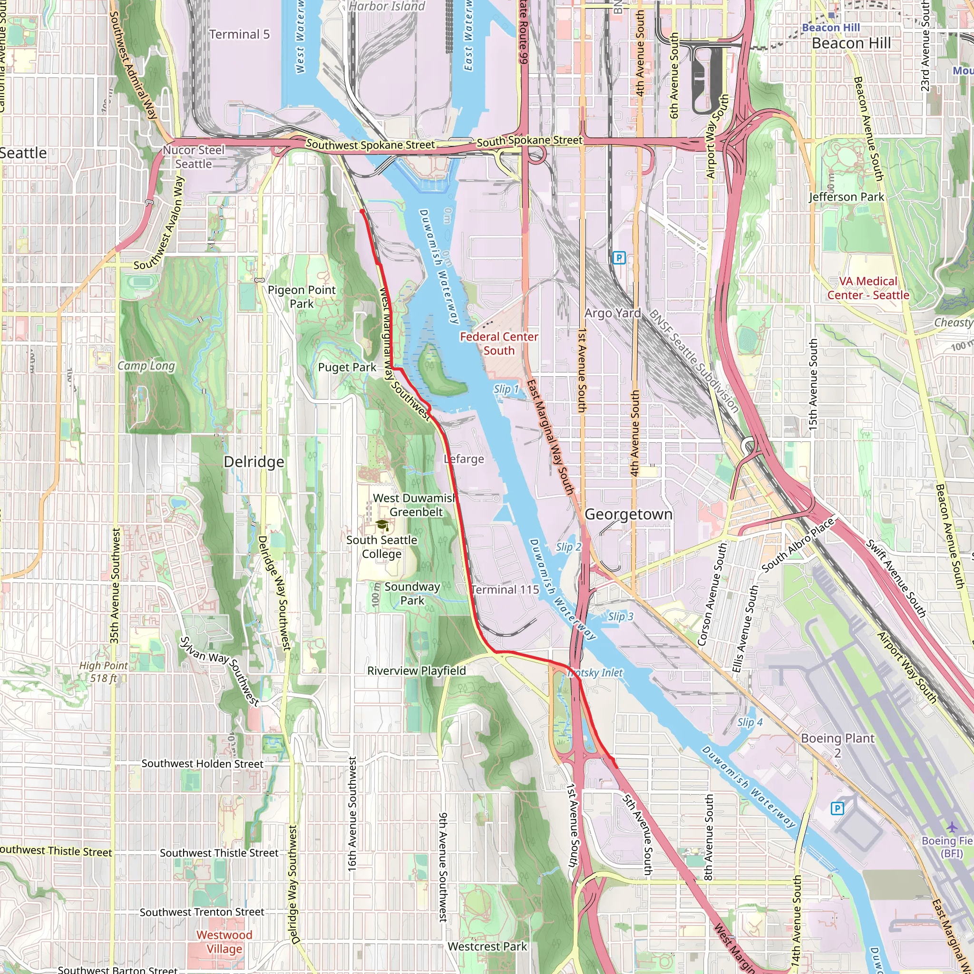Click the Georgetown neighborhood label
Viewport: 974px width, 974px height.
click(x=628, y=514)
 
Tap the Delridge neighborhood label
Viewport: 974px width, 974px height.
click(x=253, y=462)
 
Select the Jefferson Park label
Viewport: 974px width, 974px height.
click(x=847, y=197)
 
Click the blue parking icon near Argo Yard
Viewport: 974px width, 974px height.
click(x=619, y=258)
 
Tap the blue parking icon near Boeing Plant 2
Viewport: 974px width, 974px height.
click(x=837, y=808)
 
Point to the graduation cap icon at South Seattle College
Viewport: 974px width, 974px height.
click(x=382, y=526)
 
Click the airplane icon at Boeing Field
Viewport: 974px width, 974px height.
click(x=951, y=828)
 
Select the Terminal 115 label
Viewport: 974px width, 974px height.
click(x=505, y=589)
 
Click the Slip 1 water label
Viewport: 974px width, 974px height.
click(x=506, y=389)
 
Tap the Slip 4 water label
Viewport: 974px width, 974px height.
click(x=750, y=722)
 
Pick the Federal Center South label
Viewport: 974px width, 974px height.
click(x=498, y=344)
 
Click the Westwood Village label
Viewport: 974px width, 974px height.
click(x=224, y=942)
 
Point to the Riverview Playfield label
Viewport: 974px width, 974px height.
click(x=417, y=671)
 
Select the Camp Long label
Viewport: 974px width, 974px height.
click(x=146, y=366)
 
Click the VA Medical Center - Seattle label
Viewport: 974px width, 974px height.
click(x=868, y=288)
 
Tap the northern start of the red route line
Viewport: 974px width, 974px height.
click(x=362, y=212)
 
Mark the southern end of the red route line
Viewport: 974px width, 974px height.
click(x=616, y=767)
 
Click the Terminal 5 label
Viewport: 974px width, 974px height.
click(x=240, y=34)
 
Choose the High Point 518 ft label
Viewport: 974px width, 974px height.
click(x=103, y=672)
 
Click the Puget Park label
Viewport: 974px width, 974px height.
click(x=347, y=368)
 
